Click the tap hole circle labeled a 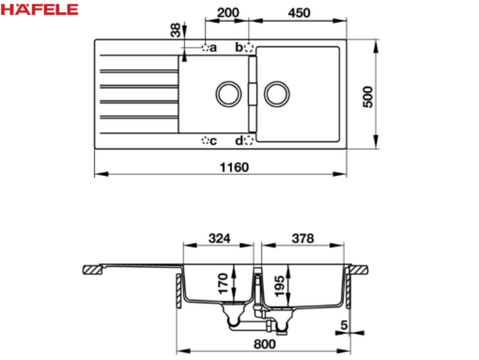coord(206,46)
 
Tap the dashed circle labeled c coord(206,141)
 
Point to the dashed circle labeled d coord(248,141)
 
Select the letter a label coord(214,47)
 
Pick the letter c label coord(214,141)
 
